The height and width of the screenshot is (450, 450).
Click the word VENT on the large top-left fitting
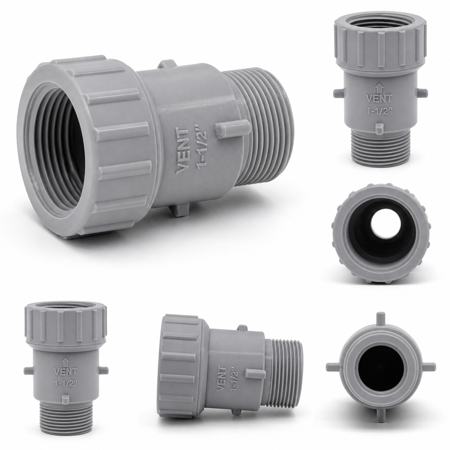[x=183, y=152]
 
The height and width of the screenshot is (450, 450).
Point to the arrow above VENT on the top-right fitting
[x=379, y=88]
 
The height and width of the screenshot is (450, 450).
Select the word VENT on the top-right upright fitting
[x=379, y=98]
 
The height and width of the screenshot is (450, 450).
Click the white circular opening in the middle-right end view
[x=382, y=228]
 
